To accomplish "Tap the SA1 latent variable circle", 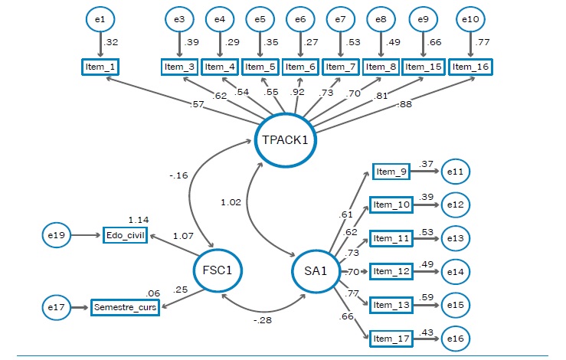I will click(314, 270).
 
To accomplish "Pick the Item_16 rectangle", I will click(470, 67).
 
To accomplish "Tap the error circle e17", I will click(56, 308).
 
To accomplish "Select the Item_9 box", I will click(391, 172).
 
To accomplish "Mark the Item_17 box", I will click(391, 338).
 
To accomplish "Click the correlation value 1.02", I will click(231, 203).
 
